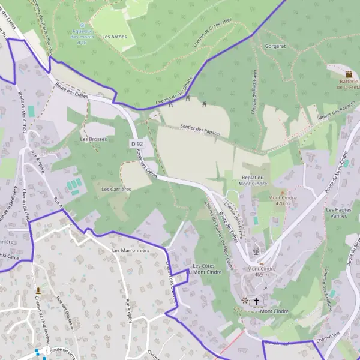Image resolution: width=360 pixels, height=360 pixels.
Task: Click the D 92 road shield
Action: click(137, 144)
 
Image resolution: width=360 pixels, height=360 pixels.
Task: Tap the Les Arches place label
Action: click(114, 37)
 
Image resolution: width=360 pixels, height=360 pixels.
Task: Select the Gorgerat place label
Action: click(274, 46)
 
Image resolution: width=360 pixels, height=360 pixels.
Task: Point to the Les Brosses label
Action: click(93, 139)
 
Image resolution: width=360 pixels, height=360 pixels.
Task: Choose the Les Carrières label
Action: click(116, 189)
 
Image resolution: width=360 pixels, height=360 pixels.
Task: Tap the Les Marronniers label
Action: click(130, 250)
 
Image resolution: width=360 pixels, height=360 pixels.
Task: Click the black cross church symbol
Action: click(257, 301)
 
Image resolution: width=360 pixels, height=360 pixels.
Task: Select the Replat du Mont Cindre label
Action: click(253, 181)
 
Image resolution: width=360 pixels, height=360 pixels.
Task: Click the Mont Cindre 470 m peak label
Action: click(283, 200)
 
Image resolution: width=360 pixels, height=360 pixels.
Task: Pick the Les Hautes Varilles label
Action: click(339, 213)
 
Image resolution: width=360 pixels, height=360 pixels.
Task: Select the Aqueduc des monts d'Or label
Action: click(82, 37)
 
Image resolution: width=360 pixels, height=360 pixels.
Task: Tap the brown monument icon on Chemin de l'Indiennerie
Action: click(39, 290)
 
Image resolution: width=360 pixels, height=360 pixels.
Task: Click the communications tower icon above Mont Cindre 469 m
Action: click(256, 251)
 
